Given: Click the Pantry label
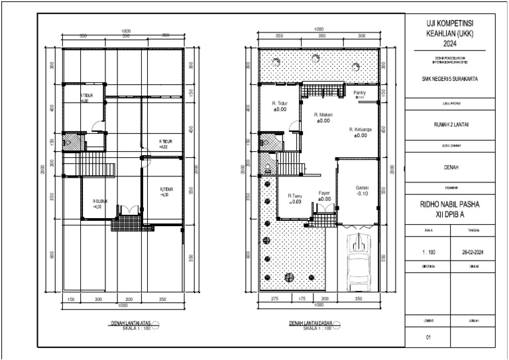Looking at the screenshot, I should pyautogui.click(x=360, y=93).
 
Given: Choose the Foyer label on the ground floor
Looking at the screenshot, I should pyautogui.click(x=324, y=193).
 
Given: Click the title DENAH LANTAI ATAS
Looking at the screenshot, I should pyautogui.click(x=130, y=323).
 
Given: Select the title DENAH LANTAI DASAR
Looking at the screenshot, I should pyautogui.click(x=311, y=323).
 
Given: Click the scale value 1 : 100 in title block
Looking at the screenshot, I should pyautogui.click(x=428, y=253).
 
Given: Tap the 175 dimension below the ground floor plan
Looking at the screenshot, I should pyautogui.click(x=301, y=300).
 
